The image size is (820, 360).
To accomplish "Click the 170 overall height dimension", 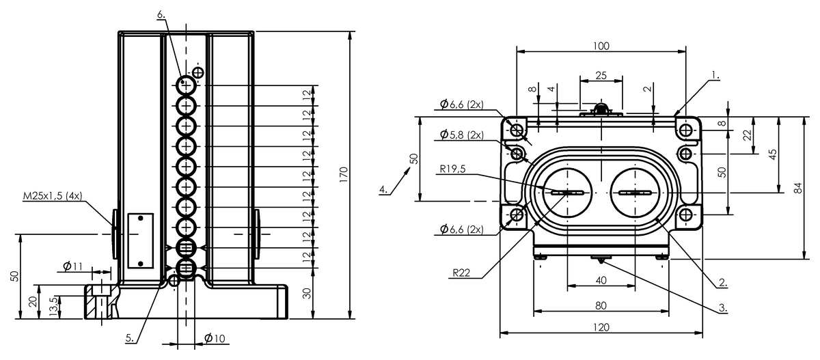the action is click(x=343, y=175).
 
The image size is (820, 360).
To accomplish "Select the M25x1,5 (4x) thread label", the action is click(x=53, y=196).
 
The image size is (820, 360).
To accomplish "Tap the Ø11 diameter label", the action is click(x=73, y=266).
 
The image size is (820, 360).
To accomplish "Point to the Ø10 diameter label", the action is click(x=215, y=338).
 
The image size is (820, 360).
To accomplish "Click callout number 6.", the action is click(x=161, y=14).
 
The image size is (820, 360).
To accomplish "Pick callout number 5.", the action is click(x=130, y=338).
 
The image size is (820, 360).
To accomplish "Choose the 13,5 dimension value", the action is click(x=53, y=307).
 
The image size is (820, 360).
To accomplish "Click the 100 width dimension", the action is click(x=601, y=46).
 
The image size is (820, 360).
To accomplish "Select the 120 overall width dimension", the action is click(x=601, y=327).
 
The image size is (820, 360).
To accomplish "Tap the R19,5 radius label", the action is click(x=452, y=169).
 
